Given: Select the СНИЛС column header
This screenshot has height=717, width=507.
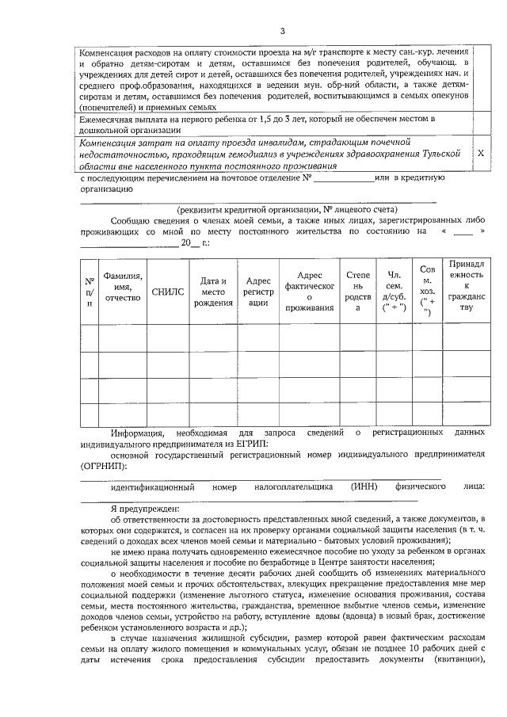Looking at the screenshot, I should pyautogui.click(x=167, y=292).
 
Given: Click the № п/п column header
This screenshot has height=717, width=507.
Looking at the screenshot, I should pyautogui.click(x=90, y=292).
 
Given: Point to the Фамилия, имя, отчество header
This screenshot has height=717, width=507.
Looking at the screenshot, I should pyautogui.click(x=123, y=286).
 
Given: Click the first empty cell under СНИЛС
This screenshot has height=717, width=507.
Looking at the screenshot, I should pyautogui.click(x=167, y=338).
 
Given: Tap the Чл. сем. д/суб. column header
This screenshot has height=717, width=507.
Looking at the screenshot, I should pyautogui.click(x=393, y=292).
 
